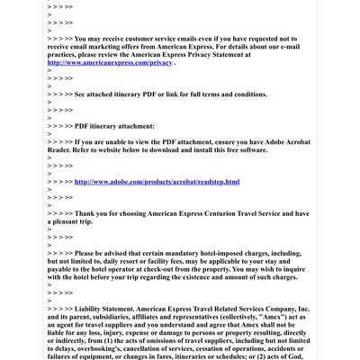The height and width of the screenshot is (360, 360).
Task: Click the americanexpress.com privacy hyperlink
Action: (x=110, y=63)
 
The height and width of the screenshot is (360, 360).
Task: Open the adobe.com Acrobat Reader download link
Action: (x=157, y=182)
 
